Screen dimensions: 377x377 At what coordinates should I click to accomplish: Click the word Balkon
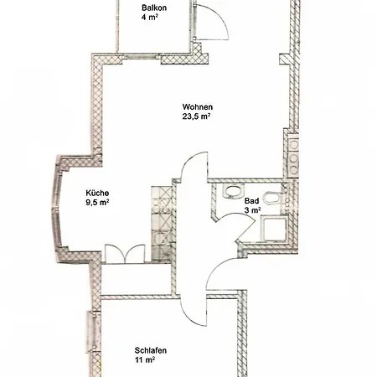tap(154, 8)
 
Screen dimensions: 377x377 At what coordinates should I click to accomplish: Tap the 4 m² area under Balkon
tap(150, 18)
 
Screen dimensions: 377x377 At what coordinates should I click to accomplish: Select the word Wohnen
tap(198, 107)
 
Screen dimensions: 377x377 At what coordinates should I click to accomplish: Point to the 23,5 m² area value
tap(196, 116)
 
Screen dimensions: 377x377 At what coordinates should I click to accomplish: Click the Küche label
tap(97, 193)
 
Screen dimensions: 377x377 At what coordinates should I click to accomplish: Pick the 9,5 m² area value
tap(97, 203)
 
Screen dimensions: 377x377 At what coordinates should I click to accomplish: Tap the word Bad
tap(251, 201)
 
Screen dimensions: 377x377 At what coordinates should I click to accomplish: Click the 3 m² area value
tap(252, 210)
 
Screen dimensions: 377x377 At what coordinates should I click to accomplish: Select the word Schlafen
tap(151, 350)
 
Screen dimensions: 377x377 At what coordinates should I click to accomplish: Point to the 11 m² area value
tap(145, 360)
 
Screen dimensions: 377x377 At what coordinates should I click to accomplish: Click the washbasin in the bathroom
tap(233, 191)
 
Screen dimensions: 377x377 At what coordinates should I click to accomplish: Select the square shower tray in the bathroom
tap(273, 230)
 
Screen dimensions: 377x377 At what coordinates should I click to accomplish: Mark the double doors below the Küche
tap(125, 254)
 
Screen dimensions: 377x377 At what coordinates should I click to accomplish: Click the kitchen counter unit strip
tap(161, 224)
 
